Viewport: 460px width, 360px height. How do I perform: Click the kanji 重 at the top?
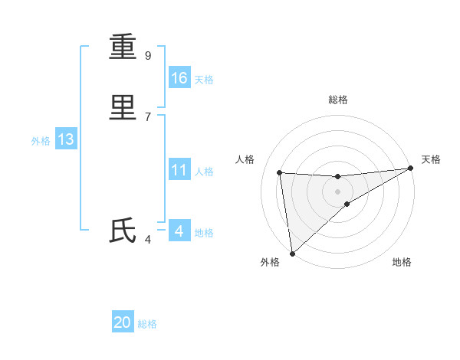pos(123,47)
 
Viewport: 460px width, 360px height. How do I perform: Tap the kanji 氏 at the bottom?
pos(123,231)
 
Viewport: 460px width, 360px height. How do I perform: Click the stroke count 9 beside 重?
pos(148,56)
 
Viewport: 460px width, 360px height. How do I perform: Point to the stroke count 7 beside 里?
pos(148,116)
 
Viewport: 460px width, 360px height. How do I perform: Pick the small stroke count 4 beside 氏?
pos(148,240)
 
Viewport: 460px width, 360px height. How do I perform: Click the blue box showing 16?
pos(179,78)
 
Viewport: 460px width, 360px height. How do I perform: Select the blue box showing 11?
pos(179,170)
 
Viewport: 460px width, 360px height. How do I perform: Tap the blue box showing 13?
pos(66,139)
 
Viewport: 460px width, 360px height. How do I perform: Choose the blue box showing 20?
pos(123,322)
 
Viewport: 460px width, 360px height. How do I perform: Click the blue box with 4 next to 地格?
pos(179,231)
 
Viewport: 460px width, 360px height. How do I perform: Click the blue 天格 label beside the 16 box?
pos(204,80)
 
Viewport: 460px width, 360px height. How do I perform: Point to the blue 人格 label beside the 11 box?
pos(204,172)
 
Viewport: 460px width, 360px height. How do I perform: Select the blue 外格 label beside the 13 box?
pos(41,141)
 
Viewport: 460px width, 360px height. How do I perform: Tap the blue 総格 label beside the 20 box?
pos(147,324)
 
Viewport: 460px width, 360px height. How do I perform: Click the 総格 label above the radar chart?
pos(338,100)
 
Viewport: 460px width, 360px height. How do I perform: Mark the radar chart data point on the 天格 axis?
pos(410,169)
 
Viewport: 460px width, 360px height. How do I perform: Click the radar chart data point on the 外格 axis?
pos(292,253)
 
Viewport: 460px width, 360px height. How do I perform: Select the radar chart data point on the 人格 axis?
pos(280,172)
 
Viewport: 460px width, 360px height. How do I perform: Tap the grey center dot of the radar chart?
pos(338,191)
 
